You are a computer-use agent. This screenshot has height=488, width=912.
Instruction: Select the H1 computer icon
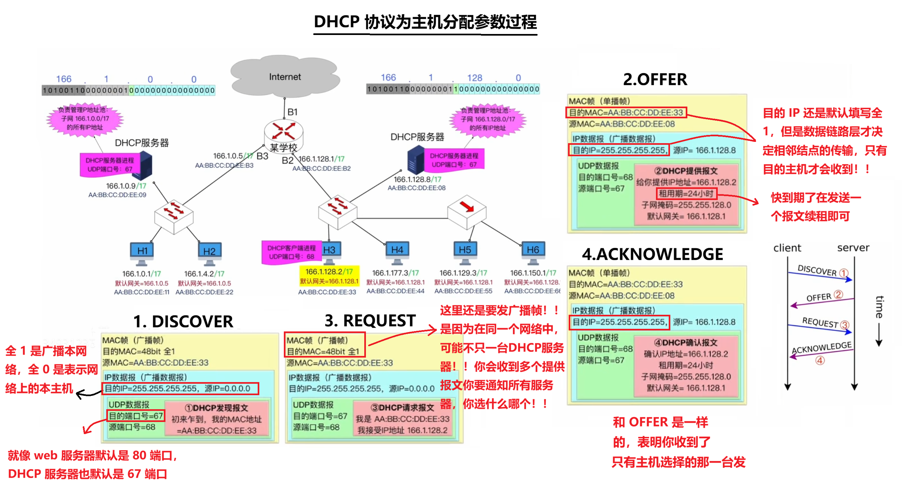(142, 253)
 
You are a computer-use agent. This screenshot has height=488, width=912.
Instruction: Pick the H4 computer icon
(397, 252)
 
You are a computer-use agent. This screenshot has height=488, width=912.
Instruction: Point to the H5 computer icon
(465, 252)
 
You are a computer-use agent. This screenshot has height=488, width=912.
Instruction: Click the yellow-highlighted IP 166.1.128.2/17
(329, 271)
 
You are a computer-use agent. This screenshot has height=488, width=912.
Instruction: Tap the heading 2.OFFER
(655, 79)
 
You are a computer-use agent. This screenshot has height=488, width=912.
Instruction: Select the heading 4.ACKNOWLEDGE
(652, 254)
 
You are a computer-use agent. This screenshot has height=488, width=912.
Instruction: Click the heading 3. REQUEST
(370, 321)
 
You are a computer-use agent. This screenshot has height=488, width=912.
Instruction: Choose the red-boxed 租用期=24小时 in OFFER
(686, 194)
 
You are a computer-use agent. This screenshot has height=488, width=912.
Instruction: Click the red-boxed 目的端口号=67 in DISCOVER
(136, 416)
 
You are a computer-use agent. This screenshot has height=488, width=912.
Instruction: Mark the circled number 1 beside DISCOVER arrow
(844, 273)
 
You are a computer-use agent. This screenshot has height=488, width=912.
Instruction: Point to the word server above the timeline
(853, 248)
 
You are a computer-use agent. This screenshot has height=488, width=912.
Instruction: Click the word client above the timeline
(787, 248)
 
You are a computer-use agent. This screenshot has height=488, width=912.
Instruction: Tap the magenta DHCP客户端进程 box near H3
(291, 252)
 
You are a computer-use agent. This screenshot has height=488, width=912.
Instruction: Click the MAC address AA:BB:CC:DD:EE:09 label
(117, 194)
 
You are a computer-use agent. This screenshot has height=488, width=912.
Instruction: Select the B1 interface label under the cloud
(292, 112)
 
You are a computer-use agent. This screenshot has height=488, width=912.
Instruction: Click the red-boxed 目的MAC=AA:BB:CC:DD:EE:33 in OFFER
(626, 112)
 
